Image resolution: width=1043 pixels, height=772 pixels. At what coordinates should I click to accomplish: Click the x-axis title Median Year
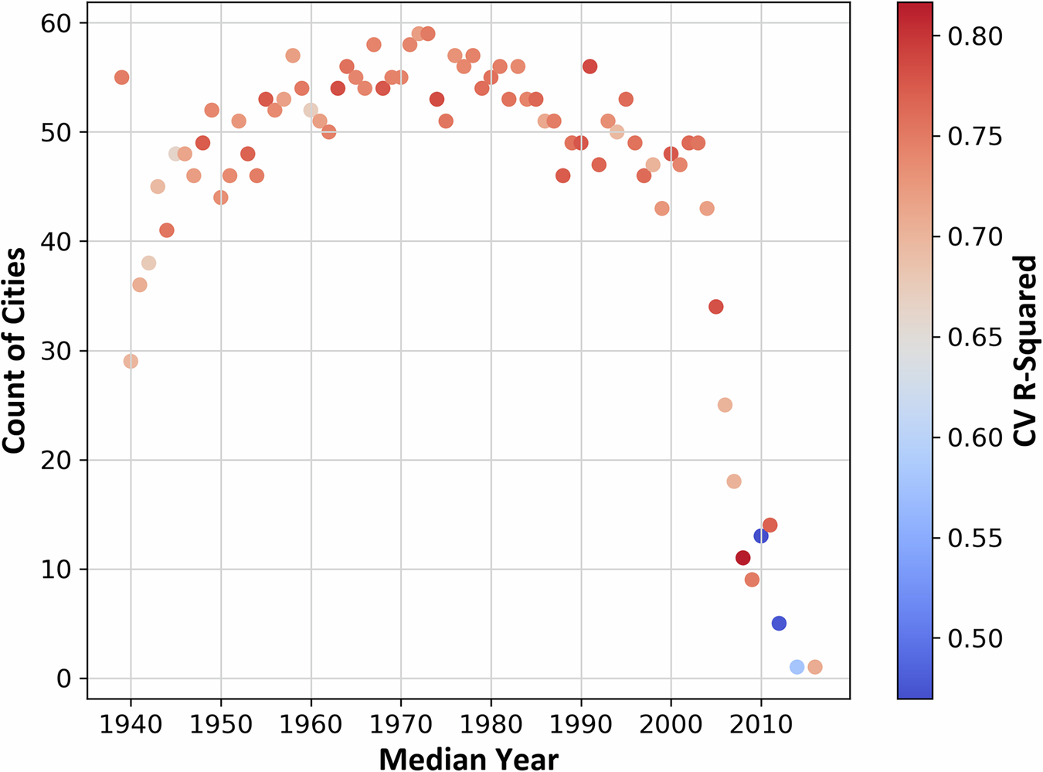click(x=468, y=758)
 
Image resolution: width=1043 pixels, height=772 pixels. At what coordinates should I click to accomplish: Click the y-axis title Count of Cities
click(x=14, y=350)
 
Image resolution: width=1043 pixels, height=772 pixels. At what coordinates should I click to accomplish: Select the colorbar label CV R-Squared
click(x=1024, y=351)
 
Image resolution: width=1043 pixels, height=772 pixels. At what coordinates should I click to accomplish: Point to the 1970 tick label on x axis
click(x=400, y=726)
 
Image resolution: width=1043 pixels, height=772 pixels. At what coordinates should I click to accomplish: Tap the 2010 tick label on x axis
click(x=761, y=726)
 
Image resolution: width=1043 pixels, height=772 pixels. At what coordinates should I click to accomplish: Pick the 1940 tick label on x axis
click(x=131, y=726)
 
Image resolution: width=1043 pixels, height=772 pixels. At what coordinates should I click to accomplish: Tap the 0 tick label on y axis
click(x=63, y=678)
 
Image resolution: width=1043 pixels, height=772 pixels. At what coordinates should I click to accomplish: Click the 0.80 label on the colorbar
click(x=975, y=36)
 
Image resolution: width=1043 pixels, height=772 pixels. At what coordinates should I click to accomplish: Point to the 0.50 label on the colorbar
click(x=975, y=638)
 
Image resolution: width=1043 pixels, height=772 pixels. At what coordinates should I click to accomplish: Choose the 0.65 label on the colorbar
click(x=975, y=338)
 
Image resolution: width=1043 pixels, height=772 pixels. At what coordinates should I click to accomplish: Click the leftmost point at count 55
click(x=121, y=77)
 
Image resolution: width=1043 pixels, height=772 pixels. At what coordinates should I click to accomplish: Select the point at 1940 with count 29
click(x=131, y=361)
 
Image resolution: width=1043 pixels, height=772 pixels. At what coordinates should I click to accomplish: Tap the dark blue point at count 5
click(x=779, y=623)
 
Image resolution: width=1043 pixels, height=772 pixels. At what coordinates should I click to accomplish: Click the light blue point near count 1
click(x=797, y=667)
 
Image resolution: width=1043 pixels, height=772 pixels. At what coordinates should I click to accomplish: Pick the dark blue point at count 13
click(x=761, y=536)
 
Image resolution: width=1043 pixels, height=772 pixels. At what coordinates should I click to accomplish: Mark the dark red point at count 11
click(x=743, y=558)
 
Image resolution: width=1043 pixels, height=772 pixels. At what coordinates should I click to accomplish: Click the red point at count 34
click(x=716, y=307)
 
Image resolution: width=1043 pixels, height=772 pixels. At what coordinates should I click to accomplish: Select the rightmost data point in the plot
click(x=815, y=667)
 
